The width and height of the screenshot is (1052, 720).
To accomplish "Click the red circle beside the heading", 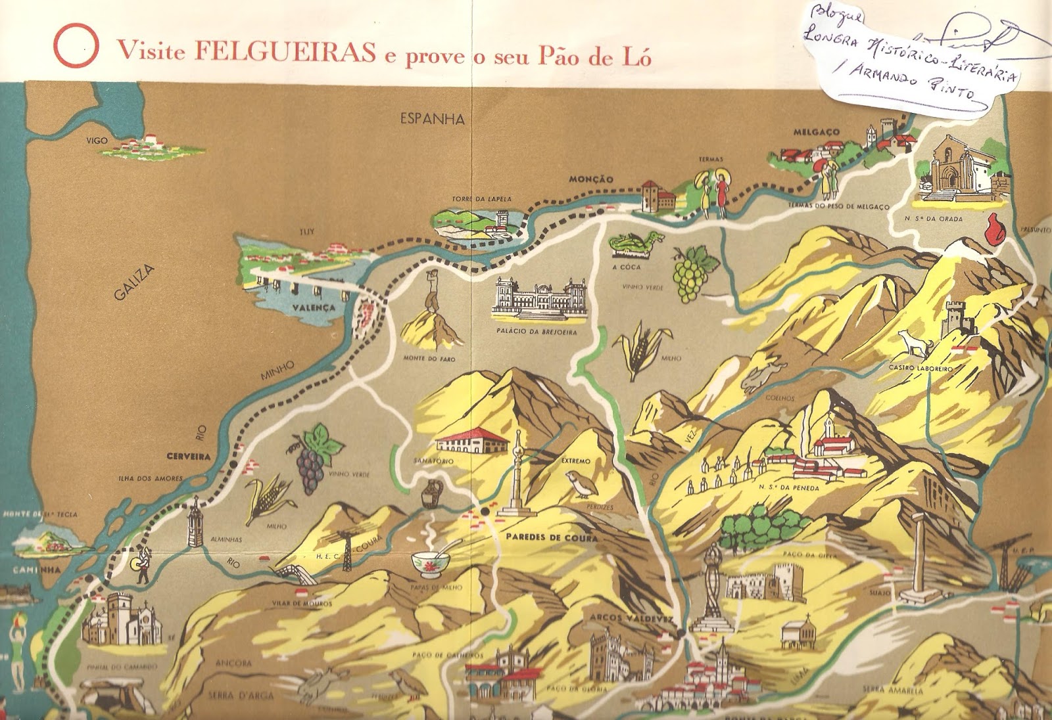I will point(76,46).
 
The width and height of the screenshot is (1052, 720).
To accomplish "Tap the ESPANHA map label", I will point(432,120).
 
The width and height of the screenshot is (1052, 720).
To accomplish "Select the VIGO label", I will point(97,141).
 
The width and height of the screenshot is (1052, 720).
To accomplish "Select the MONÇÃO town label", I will point(590,179).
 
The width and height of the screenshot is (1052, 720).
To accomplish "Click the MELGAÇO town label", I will point(816,132).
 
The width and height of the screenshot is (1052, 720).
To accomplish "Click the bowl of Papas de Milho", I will point(431,562).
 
